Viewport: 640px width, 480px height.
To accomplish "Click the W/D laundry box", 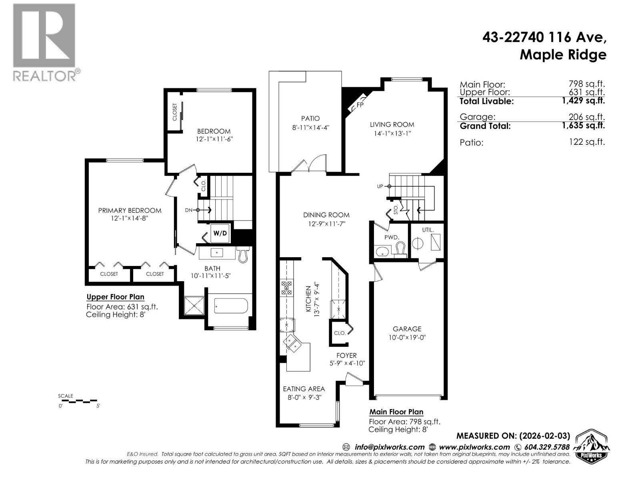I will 220,233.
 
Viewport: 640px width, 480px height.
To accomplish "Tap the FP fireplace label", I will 360,105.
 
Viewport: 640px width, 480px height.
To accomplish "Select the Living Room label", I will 392,124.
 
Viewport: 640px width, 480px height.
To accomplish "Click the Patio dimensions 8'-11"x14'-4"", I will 310,128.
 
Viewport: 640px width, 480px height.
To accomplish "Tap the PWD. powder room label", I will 392,237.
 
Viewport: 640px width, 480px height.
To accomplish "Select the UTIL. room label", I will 428,230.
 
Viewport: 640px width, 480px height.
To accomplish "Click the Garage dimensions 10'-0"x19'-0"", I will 407,337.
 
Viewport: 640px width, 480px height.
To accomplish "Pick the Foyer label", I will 346,355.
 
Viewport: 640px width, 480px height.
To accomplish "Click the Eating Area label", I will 304,388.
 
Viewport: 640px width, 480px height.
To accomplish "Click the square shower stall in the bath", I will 194,306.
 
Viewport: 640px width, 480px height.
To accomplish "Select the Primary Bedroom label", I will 130,210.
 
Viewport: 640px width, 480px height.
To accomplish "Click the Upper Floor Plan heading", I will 115,297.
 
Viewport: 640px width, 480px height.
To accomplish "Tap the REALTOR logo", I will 45,42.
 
